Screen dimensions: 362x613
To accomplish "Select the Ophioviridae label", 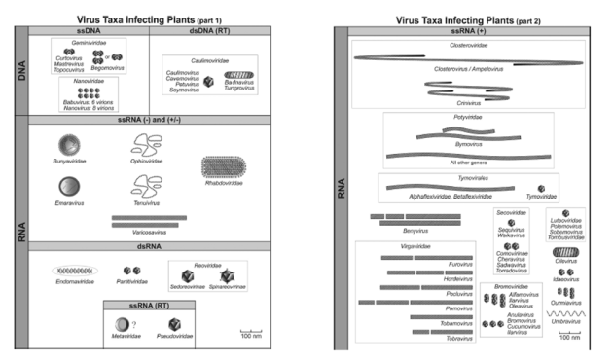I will pos(149,163).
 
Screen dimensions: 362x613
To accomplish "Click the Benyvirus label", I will pos(389,230).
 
